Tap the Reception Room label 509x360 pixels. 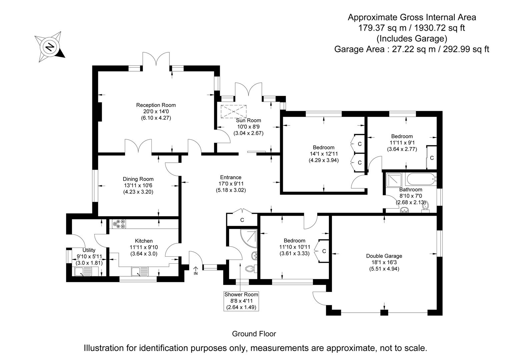pos(156,105)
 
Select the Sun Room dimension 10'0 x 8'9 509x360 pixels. pos(248,127)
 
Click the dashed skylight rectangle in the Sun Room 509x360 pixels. pos(233,111)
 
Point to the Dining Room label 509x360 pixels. pos(138,179)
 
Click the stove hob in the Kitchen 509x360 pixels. pos(119,224)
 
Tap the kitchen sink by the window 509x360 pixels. pos(140,272)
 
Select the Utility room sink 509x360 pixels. pos(83,272)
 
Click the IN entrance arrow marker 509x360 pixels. pos(196,271)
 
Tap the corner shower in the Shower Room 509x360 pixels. pos(248,238)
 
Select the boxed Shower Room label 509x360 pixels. pos(241,301)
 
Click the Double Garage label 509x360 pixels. pos(384,256)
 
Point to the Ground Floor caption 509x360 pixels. pos(254,334)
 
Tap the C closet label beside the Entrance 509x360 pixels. pos(242,220)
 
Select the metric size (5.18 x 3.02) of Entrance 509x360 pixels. pos(230,190)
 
